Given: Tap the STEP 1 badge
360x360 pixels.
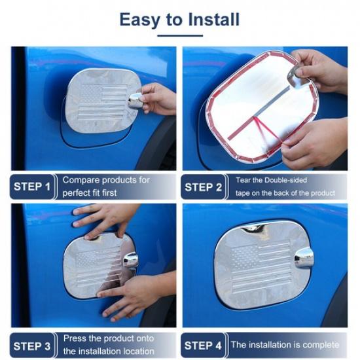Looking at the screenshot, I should [31, 187].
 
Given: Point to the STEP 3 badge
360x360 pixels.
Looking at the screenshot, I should [31, 345].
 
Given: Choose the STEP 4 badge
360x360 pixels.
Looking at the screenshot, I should [203, 345].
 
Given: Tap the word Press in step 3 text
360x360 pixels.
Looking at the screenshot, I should [75, 338].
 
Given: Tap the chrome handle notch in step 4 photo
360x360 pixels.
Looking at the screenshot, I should [303, 258].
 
